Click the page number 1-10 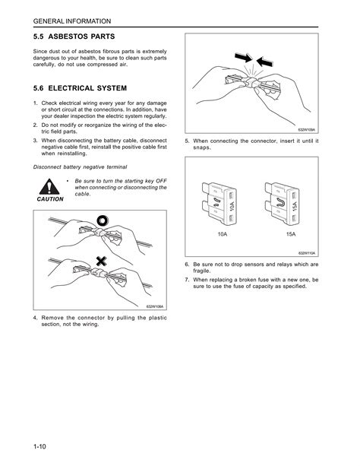(39, 446)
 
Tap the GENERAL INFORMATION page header (72, 21)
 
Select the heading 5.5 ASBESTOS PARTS (74, 36)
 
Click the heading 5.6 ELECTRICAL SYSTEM (80, 88)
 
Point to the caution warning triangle (49, 187)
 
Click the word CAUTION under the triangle (50, 199)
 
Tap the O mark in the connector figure (103, 220)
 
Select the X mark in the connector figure (101, 262)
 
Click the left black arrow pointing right (243, 57)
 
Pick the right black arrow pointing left (264, 62)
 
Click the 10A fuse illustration (219, 203)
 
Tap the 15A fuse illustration (283, 203)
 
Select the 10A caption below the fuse (223, 234)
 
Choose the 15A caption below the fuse (291, 234)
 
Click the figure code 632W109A (307, 130)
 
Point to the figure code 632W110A (307, 253)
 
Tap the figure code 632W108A (155, 306)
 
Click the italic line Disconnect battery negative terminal (81, 167)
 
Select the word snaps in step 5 (202, 147)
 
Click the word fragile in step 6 (202, 271)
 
